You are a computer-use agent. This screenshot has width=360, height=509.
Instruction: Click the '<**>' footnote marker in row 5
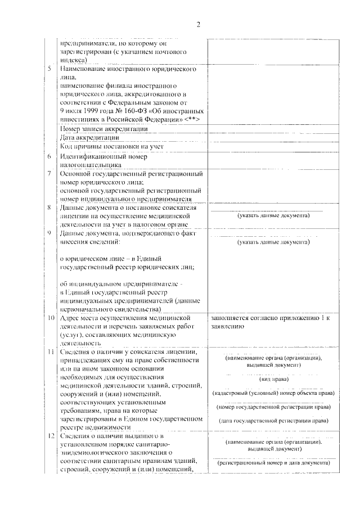tap(191, 120)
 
